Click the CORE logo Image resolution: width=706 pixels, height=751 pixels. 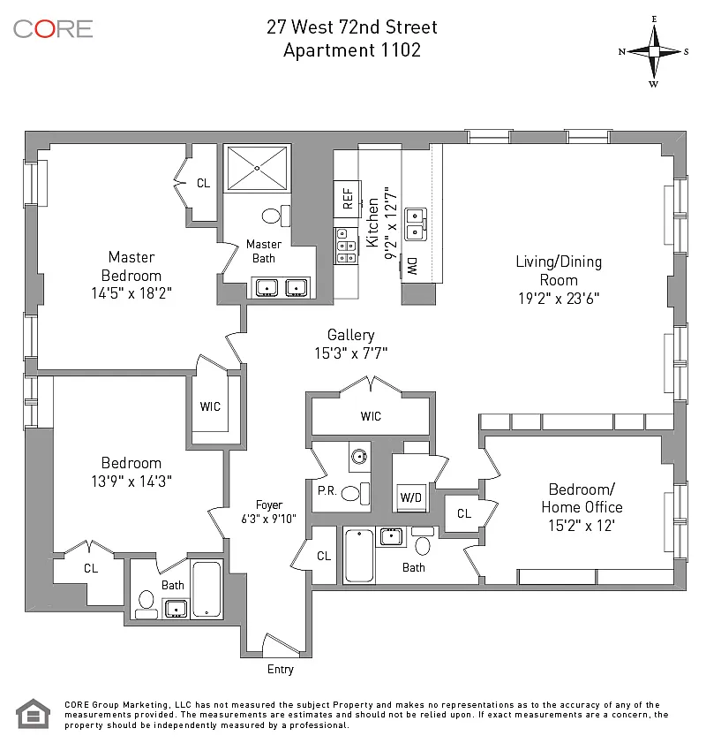pos(53,29)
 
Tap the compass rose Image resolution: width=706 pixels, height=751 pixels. pos(654,51)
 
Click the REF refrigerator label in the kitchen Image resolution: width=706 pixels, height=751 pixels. pos(348,199)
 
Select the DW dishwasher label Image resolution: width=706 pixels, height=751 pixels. pos(412,266)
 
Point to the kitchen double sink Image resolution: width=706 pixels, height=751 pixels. pos(415,224)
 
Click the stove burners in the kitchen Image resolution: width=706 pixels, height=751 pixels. pos(346,246)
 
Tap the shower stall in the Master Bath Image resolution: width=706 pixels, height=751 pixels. pos(258,168)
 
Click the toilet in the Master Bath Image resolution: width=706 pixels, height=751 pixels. pos(276,216)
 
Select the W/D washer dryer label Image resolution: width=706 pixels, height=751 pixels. pos(411,497)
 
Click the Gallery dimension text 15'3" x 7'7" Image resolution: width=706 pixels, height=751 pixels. pos(350,353)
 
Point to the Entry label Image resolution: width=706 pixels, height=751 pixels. pos(281,670)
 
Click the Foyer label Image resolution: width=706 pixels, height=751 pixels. pos(269,504)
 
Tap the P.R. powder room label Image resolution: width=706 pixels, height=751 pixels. pos(327,491)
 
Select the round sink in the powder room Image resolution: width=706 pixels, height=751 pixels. pos(359,457)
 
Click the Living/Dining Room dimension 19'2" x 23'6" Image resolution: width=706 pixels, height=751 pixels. pos(559,299)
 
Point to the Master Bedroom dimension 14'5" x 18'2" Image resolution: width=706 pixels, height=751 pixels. pos(131,292)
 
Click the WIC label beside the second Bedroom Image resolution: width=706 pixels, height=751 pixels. pos(210,406)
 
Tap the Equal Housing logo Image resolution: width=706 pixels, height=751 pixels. pos(33,714)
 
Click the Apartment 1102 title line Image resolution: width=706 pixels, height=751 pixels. pos(352,50)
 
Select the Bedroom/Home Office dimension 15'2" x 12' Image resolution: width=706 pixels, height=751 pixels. pos(582,526)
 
